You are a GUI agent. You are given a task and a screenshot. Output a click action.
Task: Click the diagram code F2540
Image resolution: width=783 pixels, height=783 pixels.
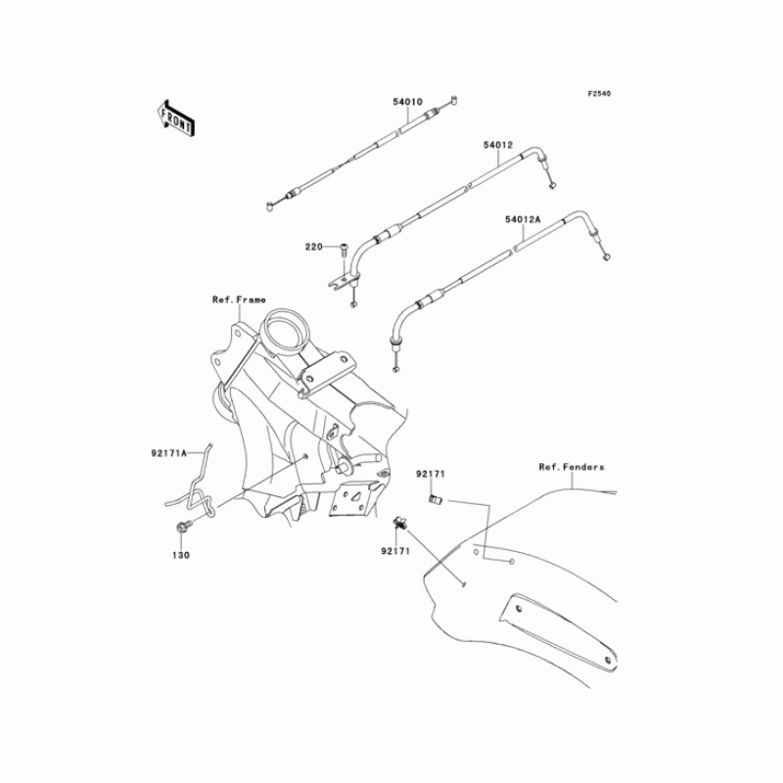click(x=599, y=94)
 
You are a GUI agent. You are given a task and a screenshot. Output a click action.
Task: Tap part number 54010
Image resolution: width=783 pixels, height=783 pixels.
click(x=407, y=101)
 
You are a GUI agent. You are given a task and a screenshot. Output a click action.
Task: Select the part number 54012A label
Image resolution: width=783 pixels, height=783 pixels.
click(x=523, y=220)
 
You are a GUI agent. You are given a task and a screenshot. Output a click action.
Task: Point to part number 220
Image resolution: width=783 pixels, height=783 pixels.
click(x=314, y=247)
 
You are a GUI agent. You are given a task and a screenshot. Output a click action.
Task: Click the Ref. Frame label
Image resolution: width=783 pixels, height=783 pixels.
click(x=239, y=299)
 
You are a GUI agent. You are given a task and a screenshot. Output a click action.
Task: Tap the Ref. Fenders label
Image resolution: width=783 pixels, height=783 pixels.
click(x=572, y=467)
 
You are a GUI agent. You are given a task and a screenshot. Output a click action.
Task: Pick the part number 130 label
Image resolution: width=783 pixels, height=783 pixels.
click(x=183, y=554)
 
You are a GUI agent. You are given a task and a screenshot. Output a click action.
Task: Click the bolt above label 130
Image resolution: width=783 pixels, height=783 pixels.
click(x=183, y=530)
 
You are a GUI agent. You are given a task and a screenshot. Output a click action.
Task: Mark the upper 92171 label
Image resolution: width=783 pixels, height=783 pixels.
click(x=430, y=474)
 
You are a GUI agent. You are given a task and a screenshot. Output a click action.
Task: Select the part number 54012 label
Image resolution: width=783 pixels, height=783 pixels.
click(x=497, y=145)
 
